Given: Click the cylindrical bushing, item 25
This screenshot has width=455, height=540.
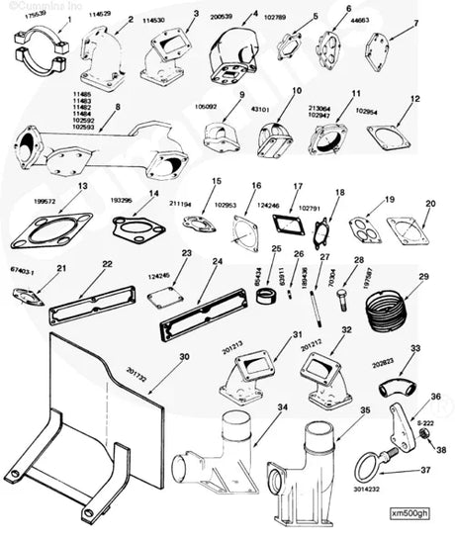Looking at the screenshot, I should pyautogui.click(x=265, y=296).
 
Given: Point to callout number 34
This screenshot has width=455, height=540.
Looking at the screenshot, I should pyautogui.click(x=282, y=406).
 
